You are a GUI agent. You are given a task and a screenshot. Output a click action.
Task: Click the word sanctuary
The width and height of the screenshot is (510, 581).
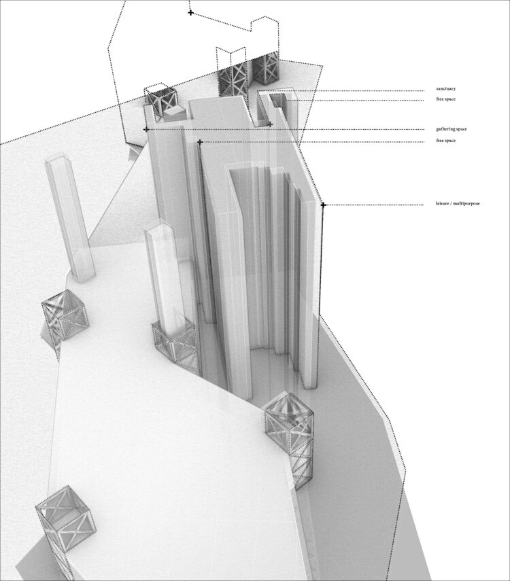coord(446,89)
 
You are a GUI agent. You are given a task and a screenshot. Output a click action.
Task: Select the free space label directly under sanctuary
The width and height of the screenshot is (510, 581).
coord(446,99)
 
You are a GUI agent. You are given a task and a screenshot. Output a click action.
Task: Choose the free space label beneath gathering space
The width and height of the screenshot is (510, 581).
coord(446,141)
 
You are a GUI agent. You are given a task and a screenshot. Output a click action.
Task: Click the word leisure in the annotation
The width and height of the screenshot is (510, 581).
coord(442,203)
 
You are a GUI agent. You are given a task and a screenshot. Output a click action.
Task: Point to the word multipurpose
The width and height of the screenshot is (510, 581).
coord(466,203)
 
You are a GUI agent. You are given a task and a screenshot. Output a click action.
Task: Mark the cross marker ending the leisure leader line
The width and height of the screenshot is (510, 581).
coord(323,205)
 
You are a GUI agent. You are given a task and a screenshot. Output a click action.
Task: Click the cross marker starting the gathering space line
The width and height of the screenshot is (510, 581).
coord(146,129)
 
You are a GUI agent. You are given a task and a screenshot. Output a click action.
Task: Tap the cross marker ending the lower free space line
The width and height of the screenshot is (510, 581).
coord(200,142)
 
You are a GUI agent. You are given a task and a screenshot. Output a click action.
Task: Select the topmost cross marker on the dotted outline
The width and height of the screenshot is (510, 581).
coord(190,13)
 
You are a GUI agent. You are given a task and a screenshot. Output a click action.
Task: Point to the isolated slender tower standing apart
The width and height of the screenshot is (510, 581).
coord(70,219)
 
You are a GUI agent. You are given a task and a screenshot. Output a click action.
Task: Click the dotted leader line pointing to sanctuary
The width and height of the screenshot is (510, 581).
coord(341,91)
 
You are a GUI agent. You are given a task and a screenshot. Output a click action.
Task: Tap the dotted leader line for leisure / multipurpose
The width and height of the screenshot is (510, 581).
coord(373,205)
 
